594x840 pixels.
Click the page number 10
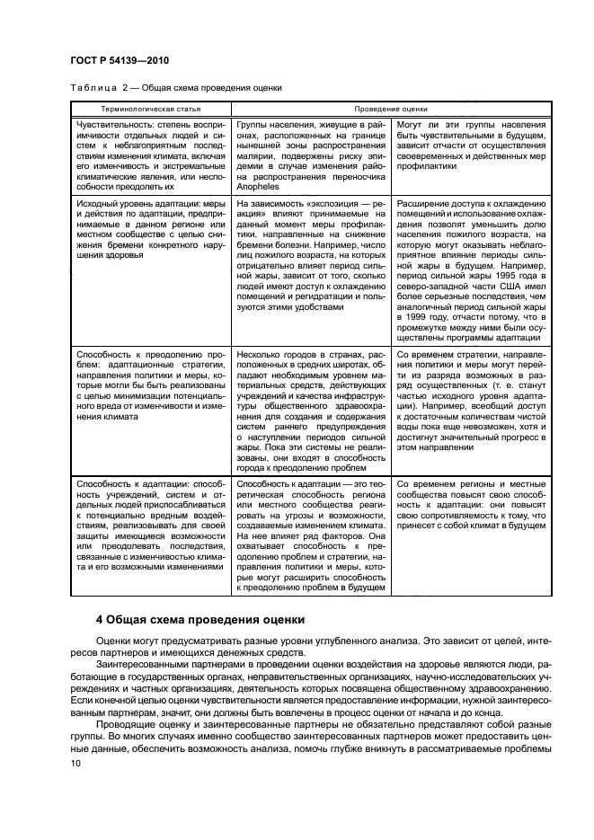pyautogui.click(x=75, y=763)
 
